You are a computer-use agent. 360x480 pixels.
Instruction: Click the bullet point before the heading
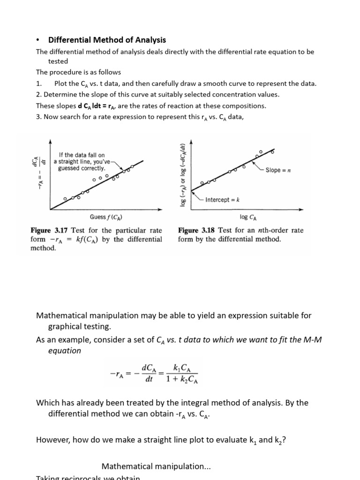coord(38,40)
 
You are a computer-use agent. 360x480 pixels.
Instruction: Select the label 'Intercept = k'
coord(223,200)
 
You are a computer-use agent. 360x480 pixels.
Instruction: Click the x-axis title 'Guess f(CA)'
coord(106,217)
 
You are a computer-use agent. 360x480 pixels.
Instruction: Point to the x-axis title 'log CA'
coord(247,217)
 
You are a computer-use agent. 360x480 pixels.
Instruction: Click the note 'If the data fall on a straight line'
coord(82,161)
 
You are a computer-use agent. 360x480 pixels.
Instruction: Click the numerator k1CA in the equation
coord(181,367)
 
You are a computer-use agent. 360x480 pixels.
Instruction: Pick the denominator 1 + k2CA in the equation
coord(182,379)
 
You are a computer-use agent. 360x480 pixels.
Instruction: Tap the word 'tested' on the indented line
coord(58,61)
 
